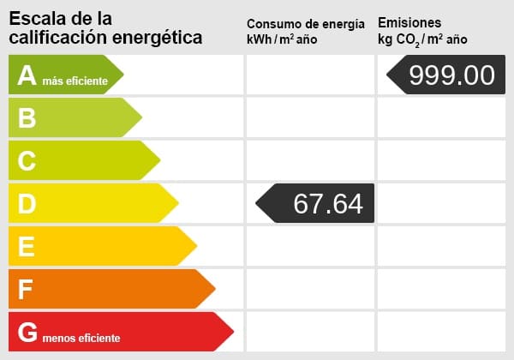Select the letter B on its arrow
tap(27, 117)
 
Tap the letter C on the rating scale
tap(27, 160)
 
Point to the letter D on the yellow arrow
tap(27, 203)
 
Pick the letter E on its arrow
tap(27, 247)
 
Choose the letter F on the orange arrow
tap(27, 290)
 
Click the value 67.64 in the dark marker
tap(327, 203)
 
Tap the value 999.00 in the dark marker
tap(451, 75)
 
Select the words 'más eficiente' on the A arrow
tap(75, 81)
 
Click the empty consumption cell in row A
tap(309, 75)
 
